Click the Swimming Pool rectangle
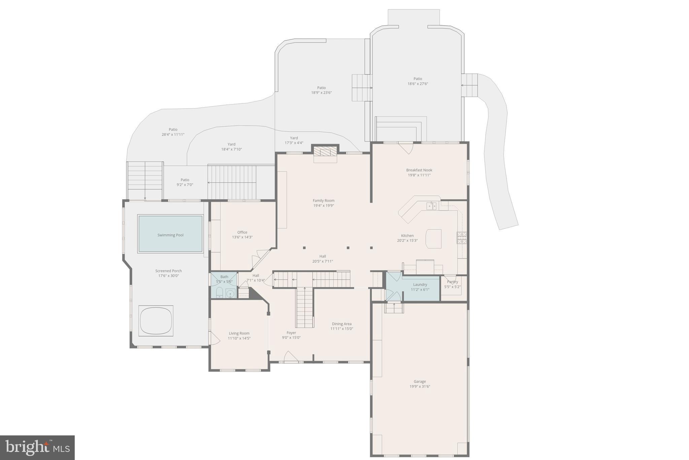tap(170, 234)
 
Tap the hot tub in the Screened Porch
tap(156, 320)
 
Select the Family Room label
tap(323, 201)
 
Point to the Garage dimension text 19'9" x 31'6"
tap(420, 387)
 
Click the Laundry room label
tap(420, 285)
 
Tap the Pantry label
tap(452, 282)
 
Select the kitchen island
tap(434, 239)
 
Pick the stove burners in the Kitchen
tap(462, 238)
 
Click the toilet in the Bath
tap(219, 293)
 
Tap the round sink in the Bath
tap(230, 294)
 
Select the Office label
tap(242, 232)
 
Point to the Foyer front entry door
tap(291, 357)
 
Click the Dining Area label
tap(342, 324)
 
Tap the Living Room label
tap(239, 333)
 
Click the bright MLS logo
tap(37, 448)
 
